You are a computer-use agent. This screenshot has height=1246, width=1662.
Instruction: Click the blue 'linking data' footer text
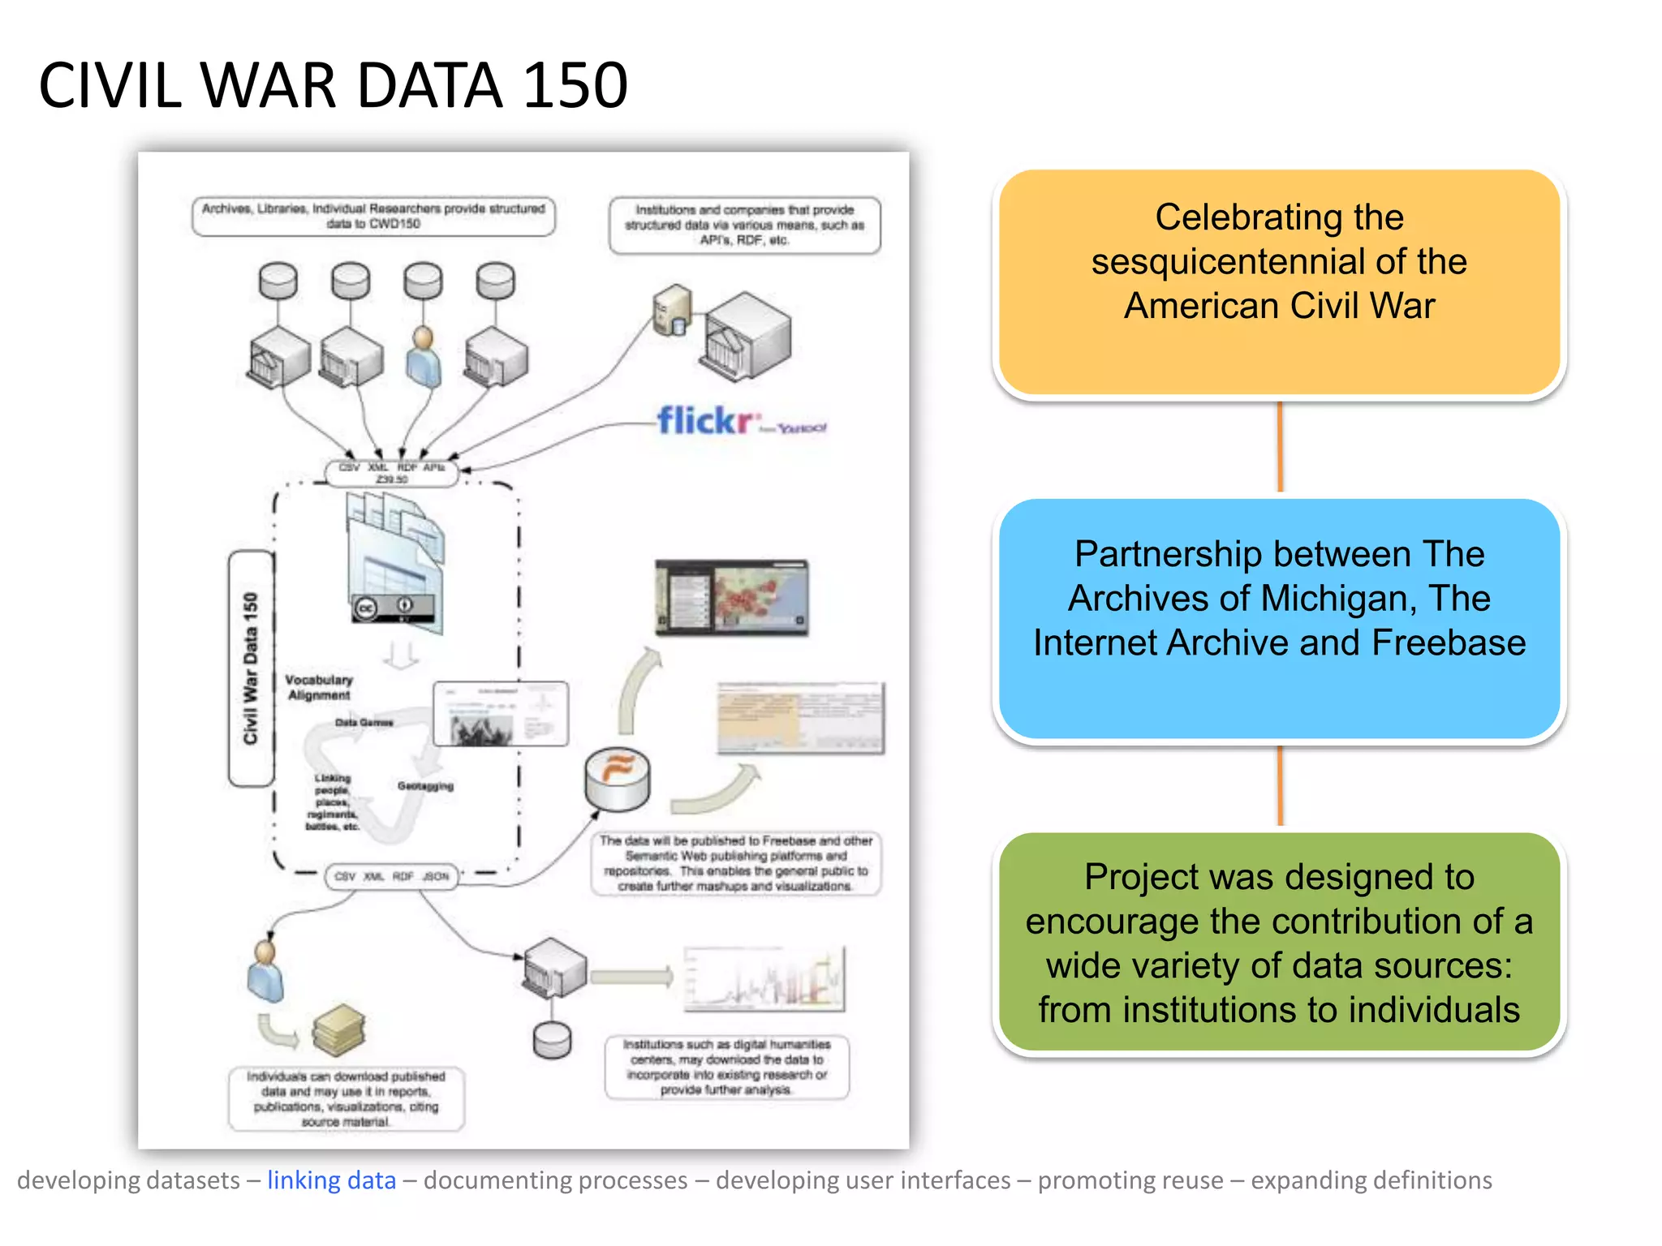click(x=331, y=1179)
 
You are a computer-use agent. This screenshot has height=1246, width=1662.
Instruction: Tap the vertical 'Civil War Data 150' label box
click(x=251, y=668)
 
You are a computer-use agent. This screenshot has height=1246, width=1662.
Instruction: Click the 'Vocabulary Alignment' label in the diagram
click(x=319, y=687)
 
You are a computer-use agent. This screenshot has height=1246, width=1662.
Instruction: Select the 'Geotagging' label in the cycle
click(x=425, y=785)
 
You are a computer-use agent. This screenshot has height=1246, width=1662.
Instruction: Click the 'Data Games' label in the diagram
click(x=364, y=722)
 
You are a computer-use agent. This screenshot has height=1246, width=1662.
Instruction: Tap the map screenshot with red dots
click(x=732, y=597)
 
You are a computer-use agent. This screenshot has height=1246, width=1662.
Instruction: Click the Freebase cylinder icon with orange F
click(x=618, y=777)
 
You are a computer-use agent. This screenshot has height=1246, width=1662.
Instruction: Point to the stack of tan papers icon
click(x=338, y=1030)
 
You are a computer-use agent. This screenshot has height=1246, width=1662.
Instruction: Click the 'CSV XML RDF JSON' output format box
click(x=391, y=876)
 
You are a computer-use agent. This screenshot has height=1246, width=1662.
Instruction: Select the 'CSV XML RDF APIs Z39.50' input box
click(x=391, y=473)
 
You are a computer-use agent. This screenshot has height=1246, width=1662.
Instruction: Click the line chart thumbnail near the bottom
click(x=764, y=979)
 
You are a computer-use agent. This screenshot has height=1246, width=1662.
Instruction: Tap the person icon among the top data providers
click(x=423, y=357)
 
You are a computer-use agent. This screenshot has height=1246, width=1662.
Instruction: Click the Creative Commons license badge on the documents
click(x=393, y=608)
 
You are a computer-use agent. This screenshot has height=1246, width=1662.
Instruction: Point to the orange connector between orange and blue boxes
click(x=1280, y=447)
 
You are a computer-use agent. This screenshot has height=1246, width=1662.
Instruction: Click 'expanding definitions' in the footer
click(x=1371, y=1179)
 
